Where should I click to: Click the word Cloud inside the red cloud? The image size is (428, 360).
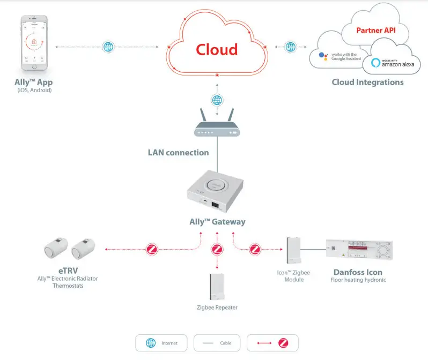click(217, 49)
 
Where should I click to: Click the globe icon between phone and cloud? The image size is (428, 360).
click(109, 47)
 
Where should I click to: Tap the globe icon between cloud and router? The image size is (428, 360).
click(217, 100)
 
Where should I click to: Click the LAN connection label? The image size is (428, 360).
click(178, 152)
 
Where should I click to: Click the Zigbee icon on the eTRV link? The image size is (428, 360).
click(152, 249)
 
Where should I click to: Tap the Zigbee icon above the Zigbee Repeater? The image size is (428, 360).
click(217, 249)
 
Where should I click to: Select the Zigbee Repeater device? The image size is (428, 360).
click(217, 288)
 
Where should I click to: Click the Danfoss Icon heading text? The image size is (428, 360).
click(357, 272)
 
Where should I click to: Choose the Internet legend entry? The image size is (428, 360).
click(161, 342)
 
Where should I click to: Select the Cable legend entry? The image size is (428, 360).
click(217, 342)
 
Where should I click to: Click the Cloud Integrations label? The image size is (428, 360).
click(367, 82)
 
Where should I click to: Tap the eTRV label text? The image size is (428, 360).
click(68, 270)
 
